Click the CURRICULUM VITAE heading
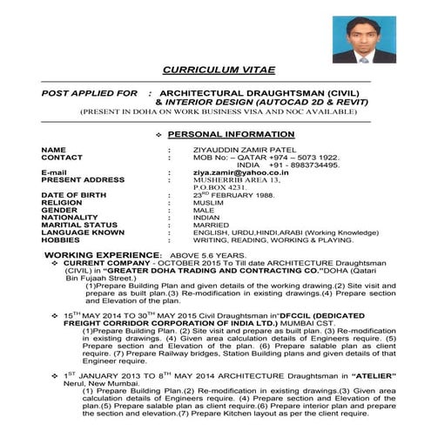click(214, 69)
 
